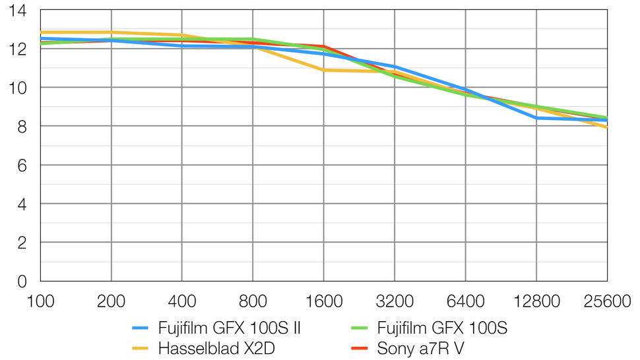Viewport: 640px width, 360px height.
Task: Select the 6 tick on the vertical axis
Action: coord(21,165)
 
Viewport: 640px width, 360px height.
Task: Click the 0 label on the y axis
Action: coord(21,282)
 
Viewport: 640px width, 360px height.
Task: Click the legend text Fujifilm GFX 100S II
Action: coord(230,328)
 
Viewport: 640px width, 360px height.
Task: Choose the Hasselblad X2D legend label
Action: coord(216,349)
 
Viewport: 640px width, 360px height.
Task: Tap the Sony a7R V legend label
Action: coord(421,349)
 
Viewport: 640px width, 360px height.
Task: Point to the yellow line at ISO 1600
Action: coord(324,70)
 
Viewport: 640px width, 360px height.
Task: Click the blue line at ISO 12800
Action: coord(536,118)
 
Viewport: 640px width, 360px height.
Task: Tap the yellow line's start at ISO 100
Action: coord(42,32)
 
